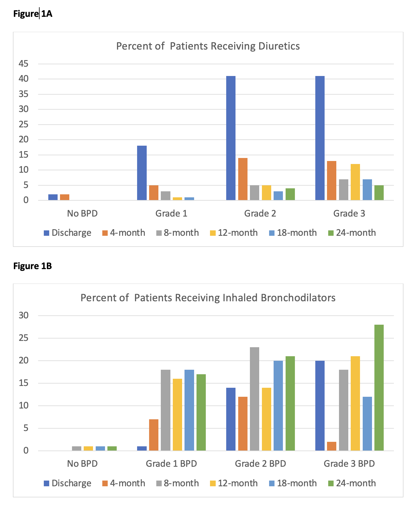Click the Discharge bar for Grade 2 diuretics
click(x=231, y=138)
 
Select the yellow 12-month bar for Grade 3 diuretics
click(x=355, y=182)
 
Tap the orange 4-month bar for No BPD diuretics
click(x=64, y=197)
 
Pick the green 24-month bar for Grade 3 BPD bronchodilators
click(x=379, y=387)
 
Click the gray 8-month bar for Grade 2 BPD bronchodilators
click(x=254, y=399)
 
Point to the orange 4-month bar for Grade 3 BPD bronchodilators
click(x=331, y=446)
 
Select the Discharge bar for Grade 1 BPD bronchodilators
click(x=142, y=448)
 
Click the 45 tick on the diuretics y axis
click(x=23, y=64)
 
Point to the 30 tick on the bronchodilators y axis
click(x=23, y=315)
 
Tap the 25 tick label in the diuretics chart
click(x=23, y=124)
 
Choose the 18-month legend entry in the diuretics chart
click(x=293, y=233)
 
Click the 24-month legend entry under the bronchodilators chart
click(x=352, y=483)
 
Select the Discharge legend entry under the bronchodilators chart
click(x=67, y=483)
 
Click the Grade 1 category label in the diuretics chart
click(x=171, y=214)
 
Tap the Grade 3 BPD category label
click(x=349, y=463)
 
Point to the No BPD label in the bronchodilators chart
click(x=82, y=463)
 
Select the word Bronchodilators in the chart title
click(x=298, y=298)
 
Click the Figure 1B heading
click(x=33, y=266)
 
